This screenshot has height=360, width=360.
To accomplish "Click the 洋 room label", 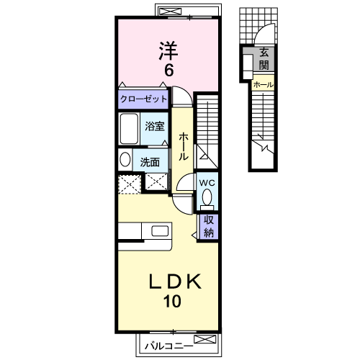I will pos(168,50).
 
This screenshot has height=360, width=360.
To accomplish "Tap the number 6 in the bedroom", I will pos(168,71).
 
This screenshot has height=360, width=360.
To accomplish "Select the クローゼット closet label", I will pos(143,99).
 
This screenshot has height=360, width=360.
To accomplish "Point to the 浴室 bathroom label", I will pos(154,127).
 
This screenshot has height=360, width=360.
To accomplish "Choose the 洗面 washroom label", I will pos(150,162).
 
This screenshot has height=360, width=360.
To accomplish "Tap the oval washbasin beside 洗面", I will pos(124,161).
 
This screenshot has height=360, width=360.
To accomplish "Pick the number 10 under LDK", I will pos(172,301).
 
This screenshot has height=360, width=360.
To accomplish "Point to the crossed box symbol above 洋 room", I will pos(171,11).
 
